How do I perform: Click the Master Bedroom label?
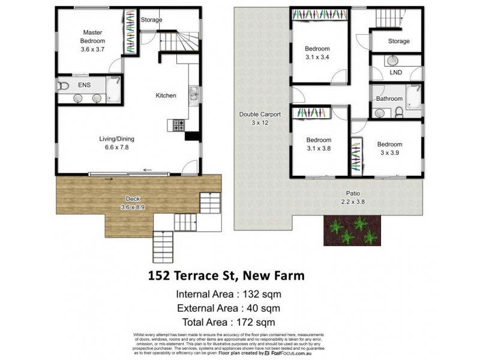94,37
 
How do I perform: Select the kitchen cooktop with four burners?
179,125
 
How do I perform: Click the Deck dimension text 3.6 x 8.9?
133,208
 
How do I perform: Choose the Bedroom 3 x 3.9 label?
389,148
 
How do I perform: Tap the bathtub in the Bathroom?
413,97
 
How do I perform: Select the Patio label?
352,193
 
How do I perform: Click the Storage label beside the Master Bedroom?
151,20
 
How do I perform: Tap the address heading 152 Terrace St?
226,275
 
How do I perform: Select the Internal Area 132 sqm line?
228,294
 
